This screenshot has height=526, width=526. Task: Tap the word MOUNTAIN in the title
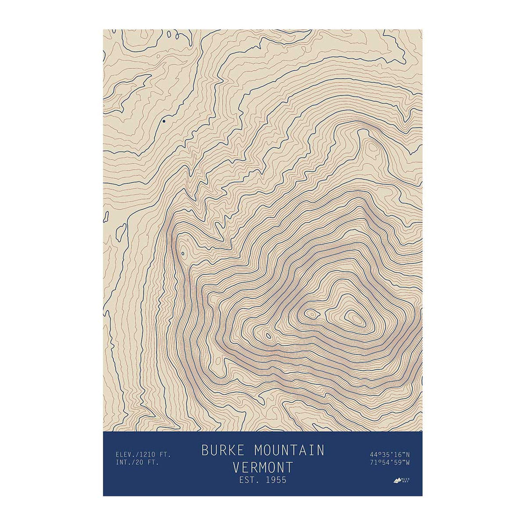(x=289, y=450)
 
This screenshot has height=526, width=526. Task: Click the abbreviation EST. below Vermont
(x=249, y=480)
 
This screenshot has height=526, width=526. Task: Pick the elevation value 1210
(x=142, y=455)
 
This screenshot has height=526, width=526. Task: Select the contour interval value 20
(x=138, y=463)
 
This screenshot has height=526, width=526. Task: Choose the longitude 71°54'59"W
(x=390, y=463)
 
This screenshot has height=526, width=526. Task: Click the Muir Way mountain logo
(x=398, y=480)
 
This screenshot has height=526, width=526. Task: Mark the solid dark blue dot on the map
(x=164, y=121)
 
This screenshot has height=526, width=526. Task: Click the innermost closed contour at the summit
(x=355, y=318)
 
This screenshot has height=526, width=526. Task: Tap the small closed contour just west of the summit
(x=310, y=313)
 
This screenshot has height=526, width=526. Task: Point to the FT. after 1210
(x=164, y=455)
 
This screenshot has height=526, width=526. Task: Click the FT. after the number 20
(x=152, y=463)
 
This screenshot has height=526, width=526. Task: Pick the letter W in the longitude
(x=408, y=463)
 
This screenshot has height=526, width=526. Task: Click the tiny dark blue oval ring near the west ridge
(x=183, y=253)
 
